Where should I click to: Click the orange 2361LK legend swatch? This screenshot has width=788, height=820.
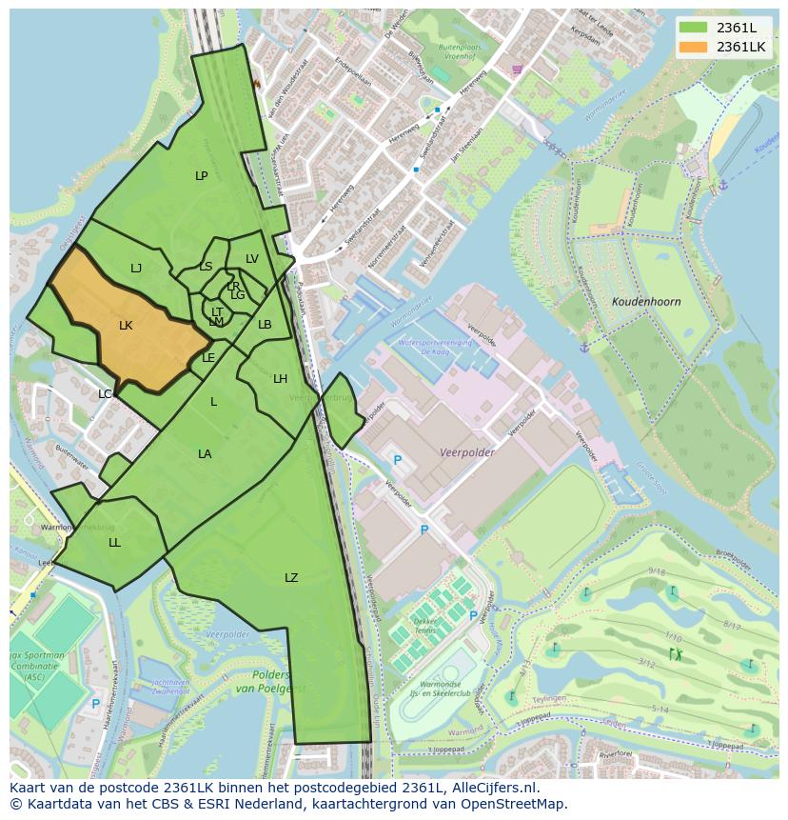694,47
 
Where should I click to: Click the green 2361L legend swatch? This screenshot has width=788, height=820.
694,28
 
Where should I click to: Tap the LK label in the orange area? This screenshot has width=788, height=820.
126,326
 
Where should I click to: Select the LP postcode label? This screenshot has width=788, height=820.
201,176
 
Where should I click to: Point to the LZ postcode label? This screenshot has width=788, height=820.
291,578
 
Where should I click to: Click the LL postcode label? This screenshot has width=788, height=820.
114,543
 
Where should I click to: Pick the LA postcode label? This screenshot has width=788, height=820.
205,454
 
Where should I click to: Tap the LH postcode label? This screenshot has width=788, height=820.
280,379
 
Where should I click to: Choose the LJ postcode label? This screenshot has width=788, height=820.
136,269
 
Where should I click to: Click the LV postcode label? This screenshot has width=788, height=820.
252,259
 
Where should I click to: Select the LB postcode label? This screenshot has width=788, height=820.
265,325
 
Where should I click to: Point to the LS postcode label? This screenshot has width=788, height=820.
206,267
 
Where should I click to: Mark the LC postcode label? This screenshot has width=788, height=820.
105,394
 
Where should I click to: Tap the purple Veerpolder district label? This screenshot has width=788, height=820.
467,453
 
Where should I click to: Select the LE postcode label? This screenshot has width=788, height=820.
208,358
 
